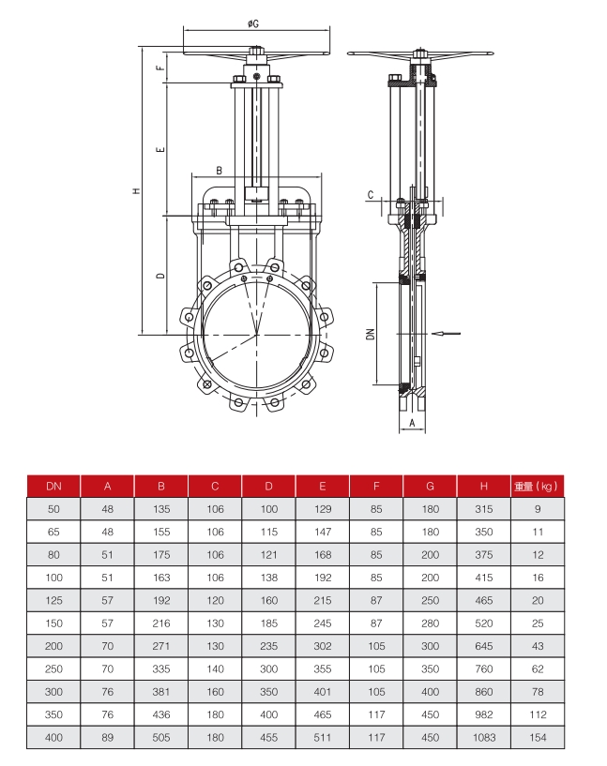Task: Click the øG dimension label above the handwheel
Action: [255, 22]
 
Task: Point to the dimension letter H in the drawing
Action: [137, 190]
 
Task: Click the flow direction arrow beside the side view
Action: [448, 333]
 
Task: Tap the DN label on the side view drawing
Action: [371, 333]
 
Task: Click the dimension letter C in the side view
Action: [372, 195]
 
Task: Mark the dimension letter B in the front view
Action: [219, 171]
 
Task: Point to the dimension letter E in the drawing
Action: [160, 149]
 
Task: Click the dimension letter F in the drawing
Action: [160, 67]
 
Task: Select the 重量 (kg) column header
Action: [537, 486]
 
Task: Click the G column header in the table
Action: [430, 486]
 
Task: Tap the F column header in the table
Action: [376, 486]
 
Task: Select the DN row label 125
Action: [53, 601]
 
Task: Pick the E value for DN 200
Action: [323, 647]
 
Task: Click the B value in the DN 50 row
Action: [161, 508]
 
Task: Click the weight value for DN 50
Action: [537, 508]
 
